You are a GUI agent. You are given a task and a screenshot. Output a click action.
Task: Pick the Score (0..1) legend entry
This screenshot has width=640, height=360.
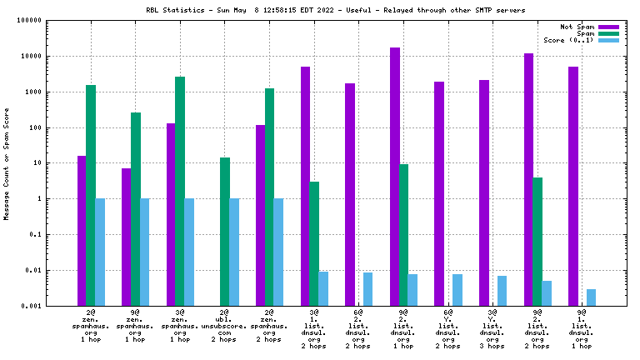pyautogui.click(x=568, y=40)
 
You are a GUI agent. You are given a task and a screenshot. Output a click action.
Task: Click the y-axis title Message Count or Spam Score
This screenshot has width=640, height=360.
pyautogui.click(x=7, y=163)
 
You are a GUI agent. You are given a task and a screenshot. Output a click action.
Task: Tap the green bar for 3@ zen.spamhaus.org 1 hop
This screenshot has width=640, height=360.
pyautogui.click(x=180, y=191)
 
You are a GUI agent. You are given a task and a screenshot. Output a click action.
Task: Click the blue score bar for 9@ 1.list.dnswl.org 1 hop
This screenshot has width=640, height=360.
pyautogui.click(x=591, y=297)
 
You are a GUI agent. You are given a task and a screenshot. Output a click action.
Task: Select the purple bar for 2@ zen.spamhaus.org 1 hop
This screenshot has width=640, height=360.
pyautogui.click(x=82, y=230)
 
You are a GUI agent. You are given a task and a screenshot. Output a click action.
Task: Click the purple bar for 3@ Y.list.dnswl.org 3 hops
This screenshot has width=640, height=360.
pyautogui.click(x=484, y=192)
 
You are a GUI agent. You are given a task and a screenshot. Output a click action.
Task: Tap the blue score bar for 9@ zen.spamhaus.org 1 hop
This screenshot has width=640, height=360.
pyautogui.click(x=144, y=252)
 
